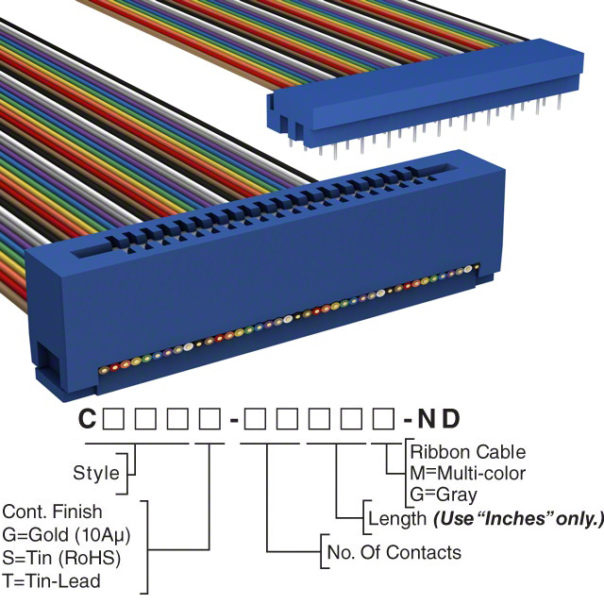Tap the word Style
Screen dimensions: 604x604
coord(96,473)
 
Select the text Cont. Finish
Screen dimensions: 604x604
coord(53,512)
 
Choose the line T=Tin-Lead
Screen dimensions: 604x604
coord(51,580)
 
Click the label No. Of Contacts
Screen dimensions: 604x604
coord(393,552)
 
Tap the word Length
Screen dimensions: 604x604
coord(394,518)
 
